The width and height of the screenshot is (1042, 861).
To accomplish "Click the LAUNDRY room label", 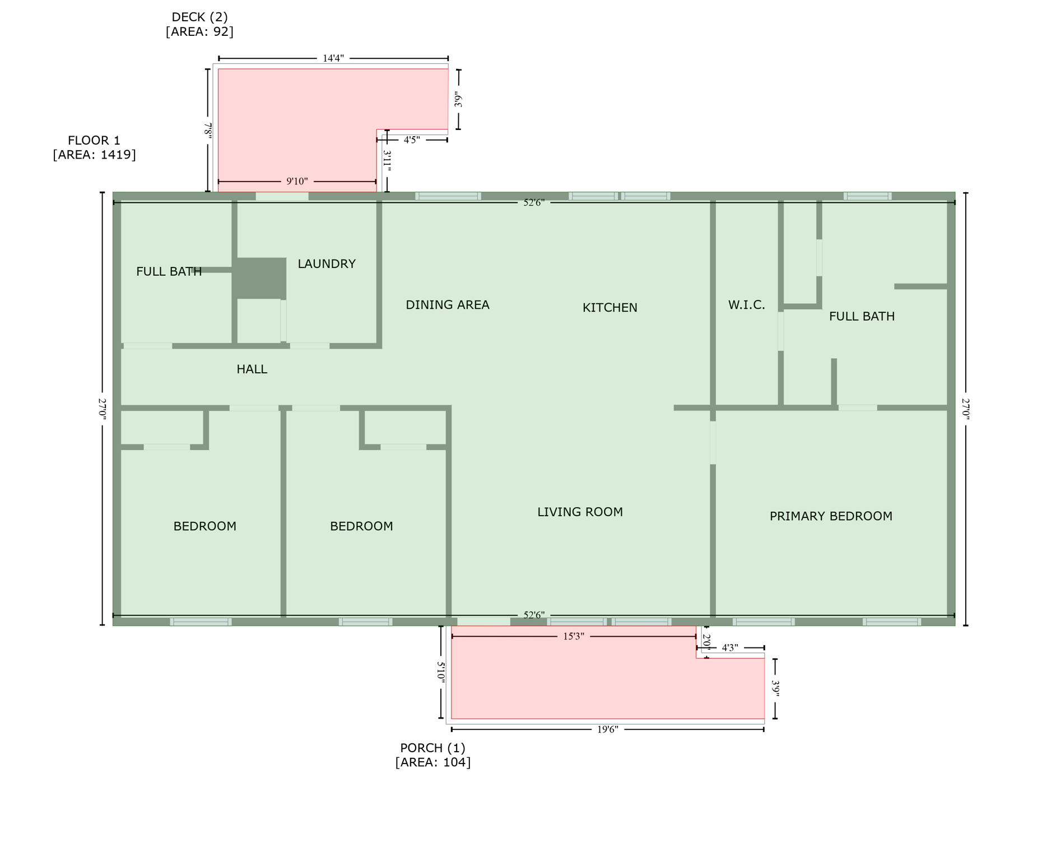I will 326,263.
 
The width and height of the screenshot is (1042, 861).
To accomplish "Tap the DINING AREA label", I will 447,304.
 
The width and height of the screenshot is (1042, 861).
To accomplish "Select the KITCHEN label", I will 610,307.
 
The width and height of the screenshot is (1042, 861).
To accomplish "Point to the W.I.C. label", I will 746,304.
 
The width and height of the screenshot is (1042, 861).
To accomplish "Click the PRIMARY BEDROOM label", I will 830,516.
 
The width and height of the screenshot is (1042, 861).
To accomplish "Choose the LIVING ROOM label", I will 580,511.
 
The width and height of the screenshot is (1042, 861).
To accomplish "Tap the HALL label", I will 252,369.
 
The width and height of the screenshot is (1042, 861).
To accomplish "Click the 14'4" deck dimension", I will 333,58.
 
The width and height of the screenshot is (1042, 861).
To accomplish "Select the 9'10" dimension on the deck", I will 297,181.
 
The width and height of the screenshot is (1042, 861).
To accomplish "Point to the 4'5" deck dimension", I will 412,140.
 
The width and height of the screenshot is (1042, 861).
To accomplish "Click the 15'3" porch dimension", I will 573,636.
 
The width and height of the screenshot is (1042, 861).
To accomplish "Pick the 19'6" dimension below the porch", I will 607,729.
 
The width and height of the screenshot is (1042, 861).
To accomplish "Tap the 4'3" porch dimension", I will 729,647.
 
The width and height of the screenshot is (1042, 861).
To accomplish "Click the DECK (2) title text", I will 199,17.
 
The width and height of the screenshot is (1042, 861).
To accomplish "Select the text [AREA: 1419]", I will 94,155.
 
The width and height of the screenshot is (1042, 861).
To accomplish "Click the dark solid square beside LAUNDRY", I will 259,278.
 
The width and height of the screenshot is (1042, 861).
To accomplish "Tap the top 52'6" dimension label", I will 533,202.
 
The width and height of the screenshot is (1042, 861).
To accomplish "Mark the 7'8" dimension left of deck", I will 208,131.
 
